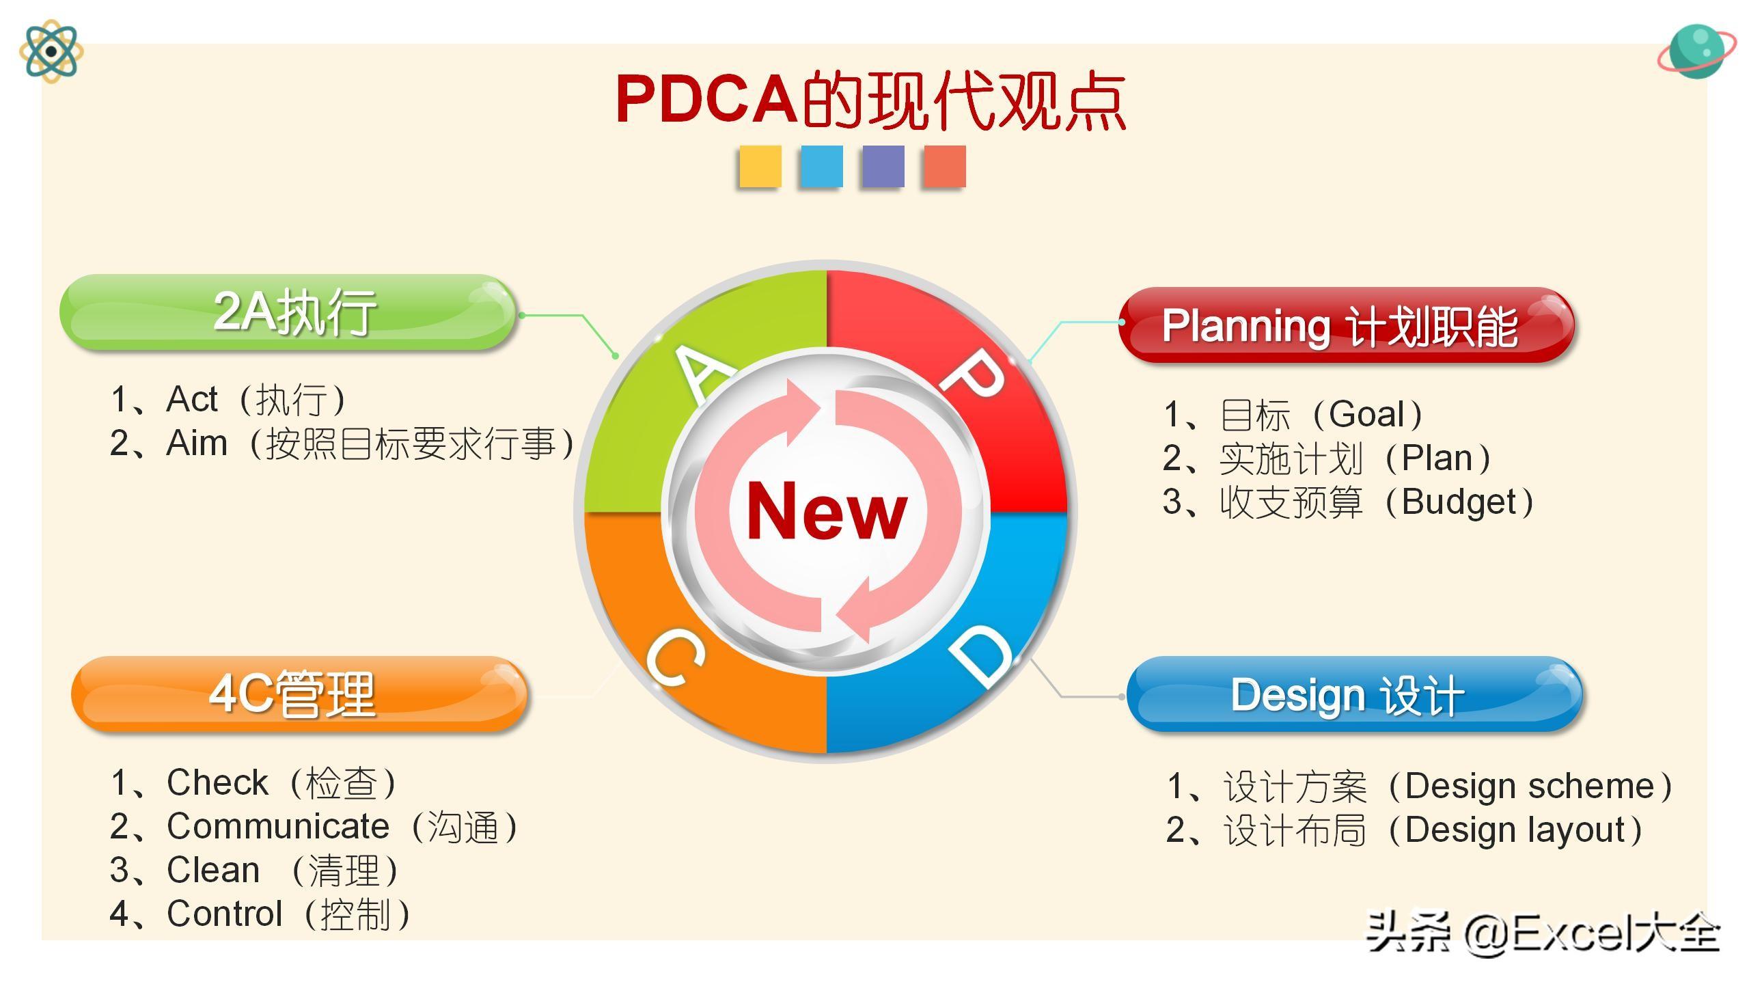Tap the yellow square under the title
tap(760, 166)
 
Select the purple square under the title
tap(883, 166)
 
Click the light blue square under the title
tap(822, 166)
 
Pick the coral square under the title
tap(945, 166)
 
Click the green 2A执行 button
tap(287, 312)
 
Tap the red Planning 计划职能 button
tap(1346, 325)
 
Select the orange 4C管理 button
tap(299, 694)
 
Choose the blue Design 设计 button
tap(1354, 694)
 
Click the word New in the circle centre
tap(827, 511)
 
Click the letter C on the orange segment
tap(675, 658)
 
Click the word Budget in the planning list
tap(1459, 502)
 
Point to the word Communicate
tap(278, 827)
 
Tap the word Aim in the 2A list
tap(197, 443)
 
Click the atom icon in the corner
tap(51, 51)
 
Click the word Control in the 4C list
tap(225, 914)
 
